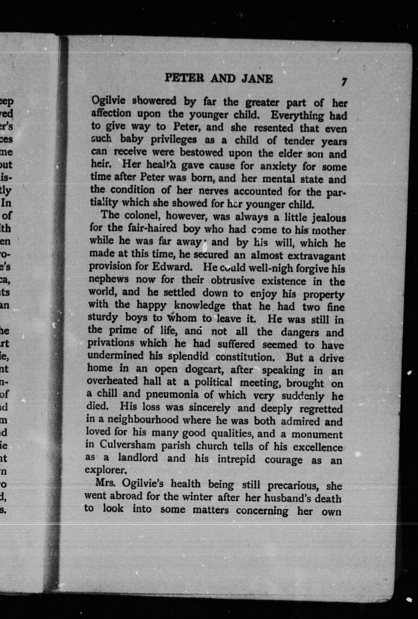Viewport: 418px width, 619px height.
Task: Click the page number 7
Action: point(344,82)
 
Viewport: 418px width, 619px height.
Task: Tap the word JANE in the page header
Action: point(257,79)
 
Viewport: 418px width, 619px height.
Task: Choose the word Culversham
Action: point(127,445)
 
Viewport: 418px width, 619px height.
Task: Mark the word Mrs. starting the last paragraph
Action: point(105,483)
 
